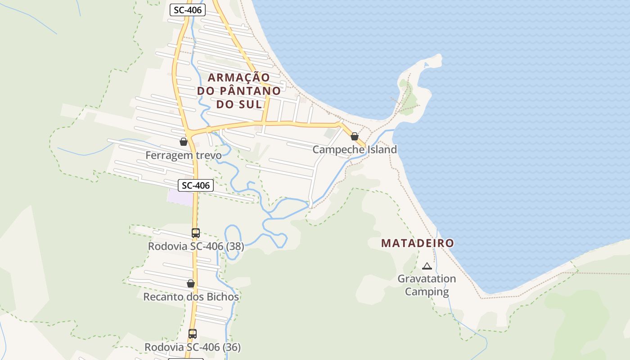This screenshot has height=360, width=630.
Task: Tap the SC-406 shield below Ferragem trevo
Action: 196,185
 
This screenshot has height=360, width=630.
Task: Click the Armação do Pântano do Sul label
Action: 239,91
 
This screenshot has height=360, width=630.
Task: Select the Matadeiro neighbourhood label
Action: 417,243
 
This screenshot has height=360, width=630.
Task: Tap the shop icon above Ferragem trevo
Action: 184,142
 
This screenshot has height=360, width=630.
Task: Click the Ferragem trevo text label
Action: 184,155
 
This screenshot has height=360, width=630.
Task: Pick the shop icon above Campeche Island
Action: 355,136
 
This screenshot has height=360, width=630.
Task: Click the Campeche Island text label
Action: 355,149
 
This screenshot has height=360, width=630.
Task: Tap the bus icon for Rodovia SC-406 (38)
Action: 195,233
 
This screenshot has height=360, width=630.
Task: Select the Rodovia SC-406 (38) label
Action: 196,247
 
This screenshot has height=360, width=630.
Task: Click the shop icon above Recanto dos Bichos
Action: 191,284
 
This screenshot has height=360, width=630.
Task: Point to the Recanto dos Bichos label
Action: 191,297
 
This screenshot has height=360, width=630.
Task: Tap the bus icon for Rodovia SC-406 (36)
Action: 193,334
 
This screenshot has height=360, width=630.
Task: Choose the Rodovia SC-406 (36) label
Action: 193,347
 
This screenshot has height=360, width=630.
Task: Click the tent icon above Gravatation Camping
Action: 427,266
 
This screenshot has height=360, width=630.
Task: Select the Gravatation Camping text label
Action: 427,285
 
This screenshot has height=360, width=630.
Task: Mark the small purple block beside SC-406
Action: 180,197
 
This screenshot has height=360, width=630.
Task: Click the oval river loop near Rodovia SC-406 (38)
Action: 233,242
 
